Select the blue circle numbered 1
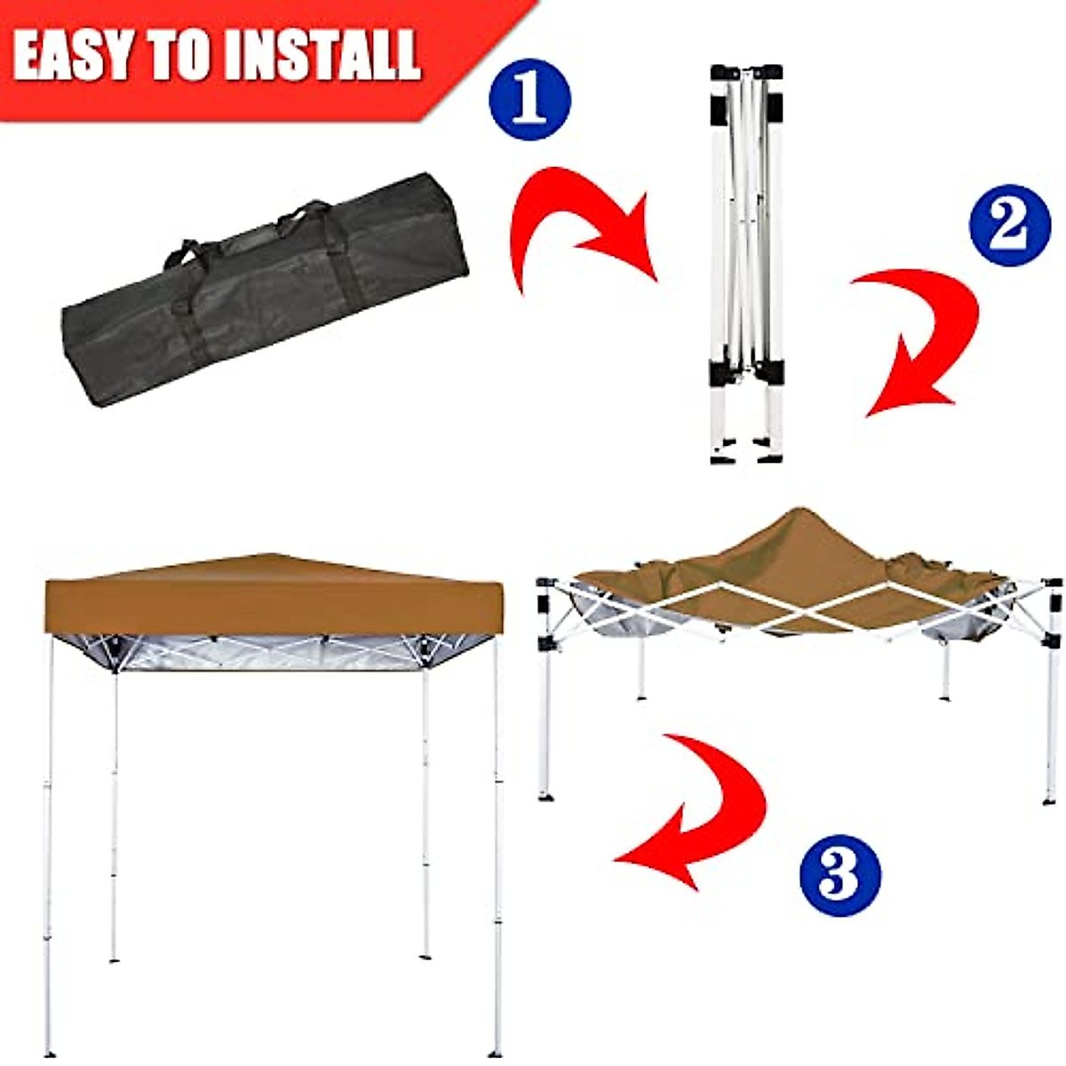pyautogui.click(x=529, y=99)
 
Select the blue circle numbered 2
pyautogui.click(x=1010, y=225)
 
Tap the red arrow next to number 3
pyautogui.click(x=702, y=808)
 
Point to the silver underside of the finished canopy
pyautogui.click(x=266, y=653)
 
